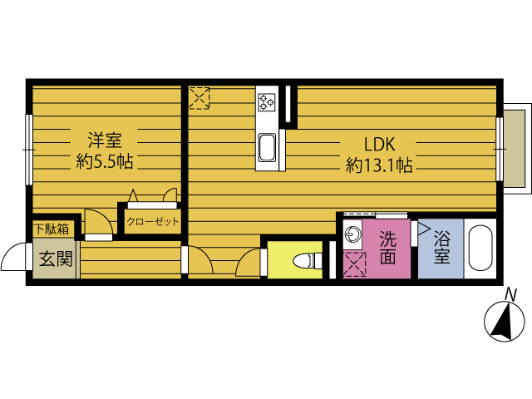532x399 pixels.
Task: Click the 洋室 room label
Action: (105, 140)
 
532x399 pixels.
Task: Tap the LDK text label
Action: (380, 144)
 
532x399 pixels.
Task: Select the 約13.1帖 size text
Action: (379, 165)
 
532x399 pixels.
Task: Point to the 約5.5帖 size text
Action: (105, 161)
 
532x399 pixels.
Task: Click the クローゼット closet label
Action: (153, 222)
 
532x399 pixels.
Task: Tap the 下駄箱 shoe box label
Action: (52, 229)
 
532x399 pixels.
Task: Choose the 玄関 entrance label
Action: (56, 259)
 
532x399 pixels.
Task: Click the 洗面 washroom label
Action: (388, 248)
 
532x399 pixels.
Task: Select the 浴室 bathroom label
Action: (442, 248)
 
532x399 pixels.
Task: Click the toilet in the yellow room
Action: (308, 260)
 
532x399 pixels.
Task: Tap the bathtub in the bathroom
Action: (480, 248)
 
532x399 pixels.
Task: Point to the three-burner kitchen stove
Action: (266, 102)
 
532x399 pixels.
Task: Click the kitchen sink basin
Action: (267, 148)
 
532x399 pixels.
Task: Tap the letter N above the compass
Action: (510, 294)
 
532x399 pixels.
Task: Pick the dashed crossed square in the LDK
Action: (199, 98)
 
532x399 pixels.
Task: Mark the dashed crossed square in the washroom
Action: (355, 264)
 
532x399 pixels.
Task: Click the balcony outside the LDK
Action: (517, 148)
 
